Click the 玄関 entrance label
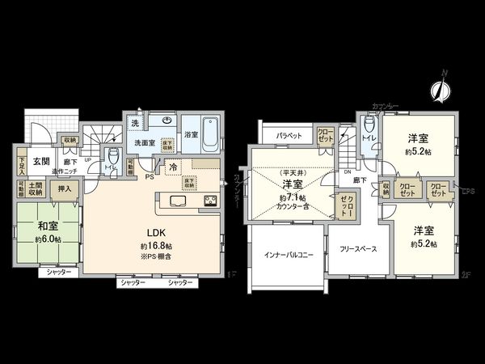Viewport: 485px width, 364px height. (41, 160)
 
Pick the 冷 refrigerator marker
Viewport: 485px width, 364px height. (173, 168)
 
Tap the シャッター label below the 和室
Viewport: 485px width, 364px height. (59, 273)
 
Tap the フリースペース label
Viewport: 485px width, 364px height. (356, 250)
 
